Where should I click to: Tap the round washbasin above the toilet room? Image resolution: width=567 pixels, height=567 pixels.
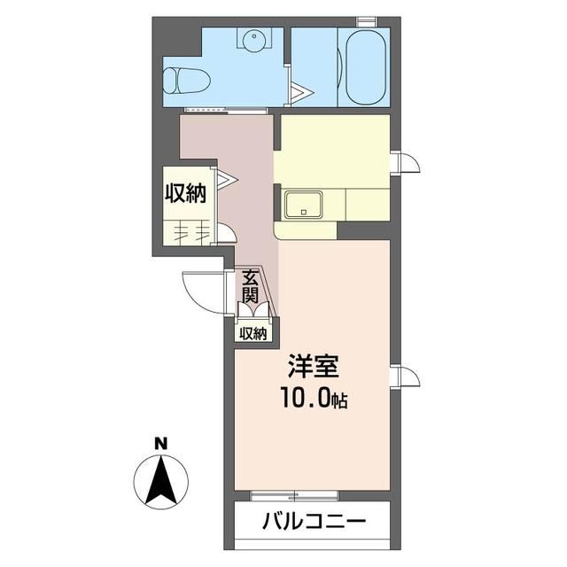(x=253, y=40)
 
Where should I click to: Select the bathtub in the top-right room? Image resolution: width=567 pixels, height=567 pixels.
(x=364, y=68)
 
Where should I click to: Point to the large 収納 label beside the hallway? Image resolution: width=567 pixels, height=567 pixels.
(x=185, y=192)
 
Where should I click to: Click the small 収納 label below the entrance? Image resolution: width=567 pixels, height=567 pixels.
(x=252, y=334)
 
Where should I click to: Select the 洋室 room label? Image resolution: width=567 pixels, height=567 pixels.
(x=312, y=368)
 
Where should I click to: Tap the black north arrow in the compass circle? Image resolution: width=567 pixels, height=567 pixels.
(x=160, y=479)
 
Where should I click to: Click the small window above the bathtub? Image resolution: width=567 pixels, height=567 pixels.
(x=365, y=19)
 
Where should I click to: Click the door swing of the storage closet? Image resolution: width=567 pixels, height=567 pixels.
(x=225, y=233)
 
